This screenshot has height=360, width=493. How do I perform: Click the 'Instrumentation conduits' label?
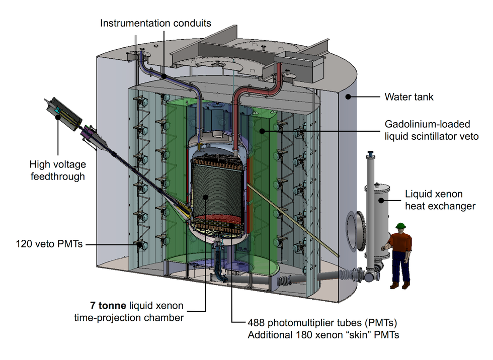[155, 23]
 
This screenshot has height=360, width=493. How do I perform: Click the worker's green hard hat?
[400, 227]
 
